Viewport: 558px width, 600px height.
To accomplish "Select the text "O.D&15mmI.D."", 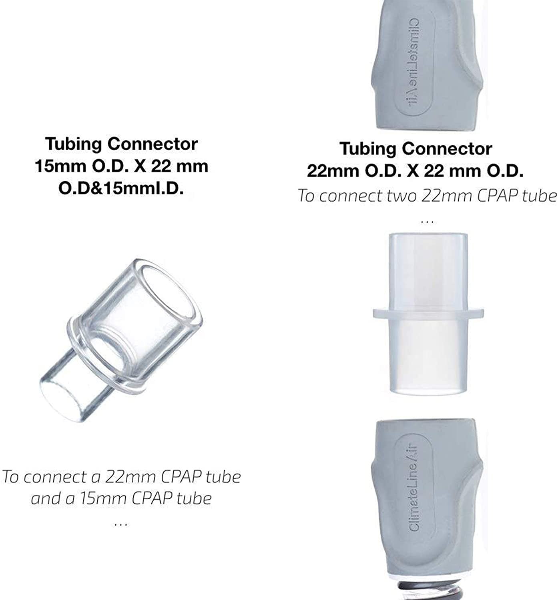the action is pos(121,188).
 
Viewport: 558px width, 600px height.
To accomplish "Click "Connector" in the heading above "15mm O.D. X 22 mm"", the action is pos(153,144).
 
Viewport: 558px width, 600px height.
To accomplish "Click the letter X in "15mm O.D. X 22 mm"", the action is pos(140,166).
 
